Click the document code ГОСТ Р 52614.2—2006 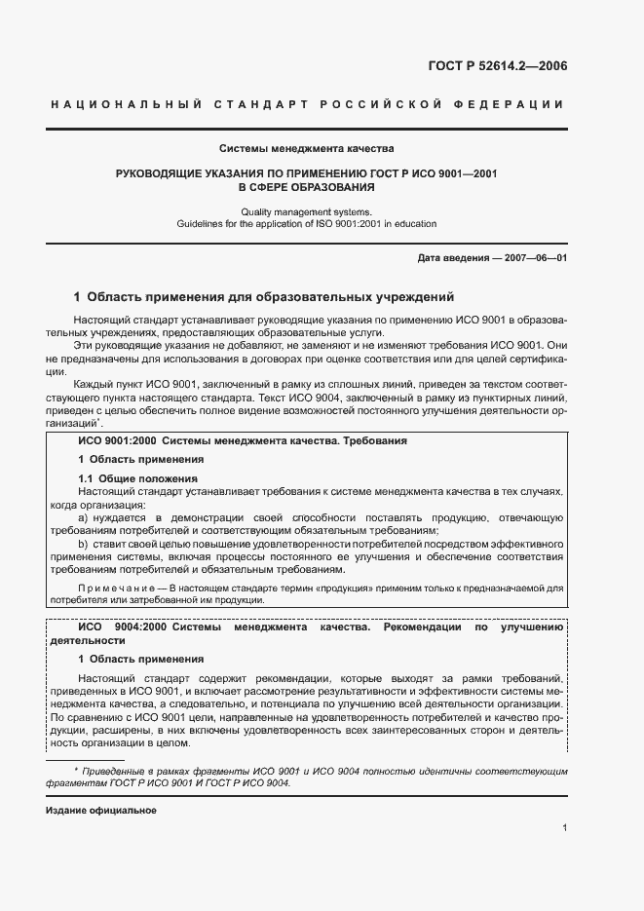click(x=497, y=66)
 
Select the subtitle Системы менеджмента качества click(x=306, y=149)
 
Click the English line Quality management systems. click(x=306, y=211)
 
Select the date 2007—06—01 click(x=531, y=257)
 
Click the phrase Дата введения click(x=448, y=257)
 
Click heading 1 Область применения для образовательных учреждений click(x=264, y=296)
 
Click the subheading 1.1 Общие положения click(x=137, y=478)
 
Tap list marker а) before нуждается click(x=84, y=518)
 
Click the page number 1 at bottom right click(x=564, y=828)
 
